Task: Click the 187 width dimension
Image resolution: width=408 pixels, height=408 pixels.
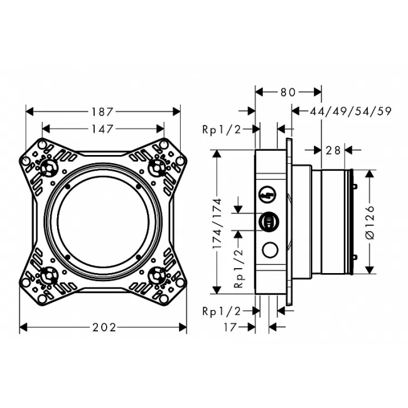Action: pos(103,112)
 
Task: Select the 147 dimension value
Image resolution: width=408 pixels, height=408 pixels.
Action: pos(103,129)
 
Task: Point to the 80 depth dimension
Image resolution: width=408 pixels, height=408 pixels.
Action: pos(288,92)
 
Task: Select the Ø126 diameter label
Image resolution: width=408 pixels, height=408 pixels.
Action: pos(370,222)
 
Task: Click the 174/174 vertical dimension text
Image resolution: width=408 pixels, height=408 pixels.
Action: pos(217,222)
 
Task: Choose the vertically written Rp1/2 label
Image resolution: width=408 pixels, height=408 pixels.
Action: pos(239,267)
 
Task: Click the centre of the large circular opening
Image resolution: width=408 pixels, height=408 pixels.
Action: pos(103,221)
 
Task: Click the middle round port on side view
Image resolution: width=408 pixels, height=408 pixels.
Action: pos(268,221)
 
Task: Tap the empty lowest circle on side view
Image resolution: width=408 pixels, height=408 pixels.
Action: pos(271,250)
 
